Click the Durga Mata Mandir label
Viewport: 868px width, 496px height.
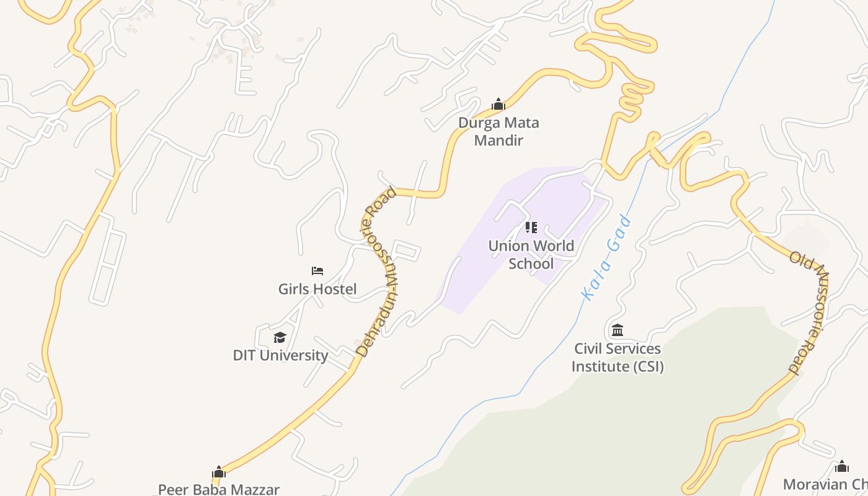498,131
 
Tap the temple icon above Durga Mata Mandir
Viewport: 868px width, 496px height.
498,104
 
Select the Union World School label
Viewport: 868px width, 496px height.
531,255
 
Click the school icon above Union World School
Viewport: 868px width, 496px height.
531,228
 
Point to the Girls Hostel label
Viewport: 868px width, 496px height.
317,289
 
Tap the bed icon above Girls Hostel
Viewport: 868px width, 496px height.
317,270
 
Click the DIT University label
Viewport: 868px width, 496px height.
280,355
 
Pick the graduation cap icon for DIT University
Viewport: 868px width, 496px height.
280,337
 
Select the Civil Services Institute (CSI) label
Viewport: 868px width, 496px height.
618,358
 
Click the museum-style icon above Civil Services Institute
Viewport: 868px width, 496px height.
618,330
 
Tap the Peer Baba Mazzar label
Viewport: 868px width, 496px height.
219,489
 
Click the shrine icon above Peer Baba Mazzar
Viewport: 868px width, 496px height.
219,472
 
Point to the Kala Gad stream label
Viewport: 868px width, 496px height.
607,258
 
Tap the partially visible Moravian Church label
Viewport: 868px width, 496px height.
825,484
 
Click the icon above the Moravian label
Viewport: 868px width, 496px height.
842,466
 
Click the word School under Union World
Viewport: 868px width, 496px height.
531,263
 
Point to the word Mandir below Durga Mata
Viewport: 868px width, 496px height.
498,140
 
